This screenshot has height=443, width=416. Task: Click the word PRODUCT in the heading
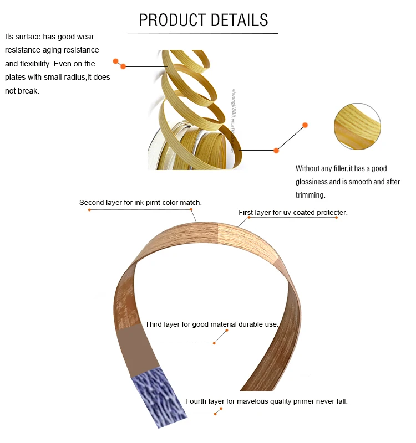pos(169,20)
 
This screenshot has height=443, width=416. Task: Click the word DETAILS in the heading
pos(237,20)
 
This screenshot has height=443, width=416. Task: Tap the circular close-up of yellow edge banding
pos(358,127)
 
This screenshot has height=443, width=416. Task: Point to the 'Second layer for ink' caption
pos(140,203)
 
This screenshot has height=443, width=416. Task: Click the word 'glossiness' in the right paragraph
pos(312,182)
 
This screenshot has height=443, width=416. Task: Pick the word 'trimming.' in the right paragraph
pos(310,195)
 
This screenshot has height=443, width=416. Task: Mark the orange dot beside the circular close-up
pos(305,125)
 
